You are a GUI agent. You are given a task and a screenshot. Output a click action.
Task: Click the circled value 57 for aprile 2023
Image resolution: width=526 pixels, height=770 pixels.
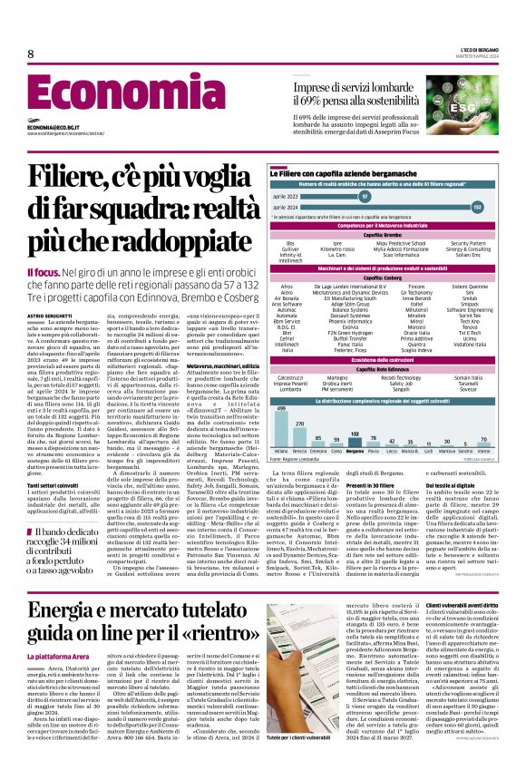click(x=364, y=195)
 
